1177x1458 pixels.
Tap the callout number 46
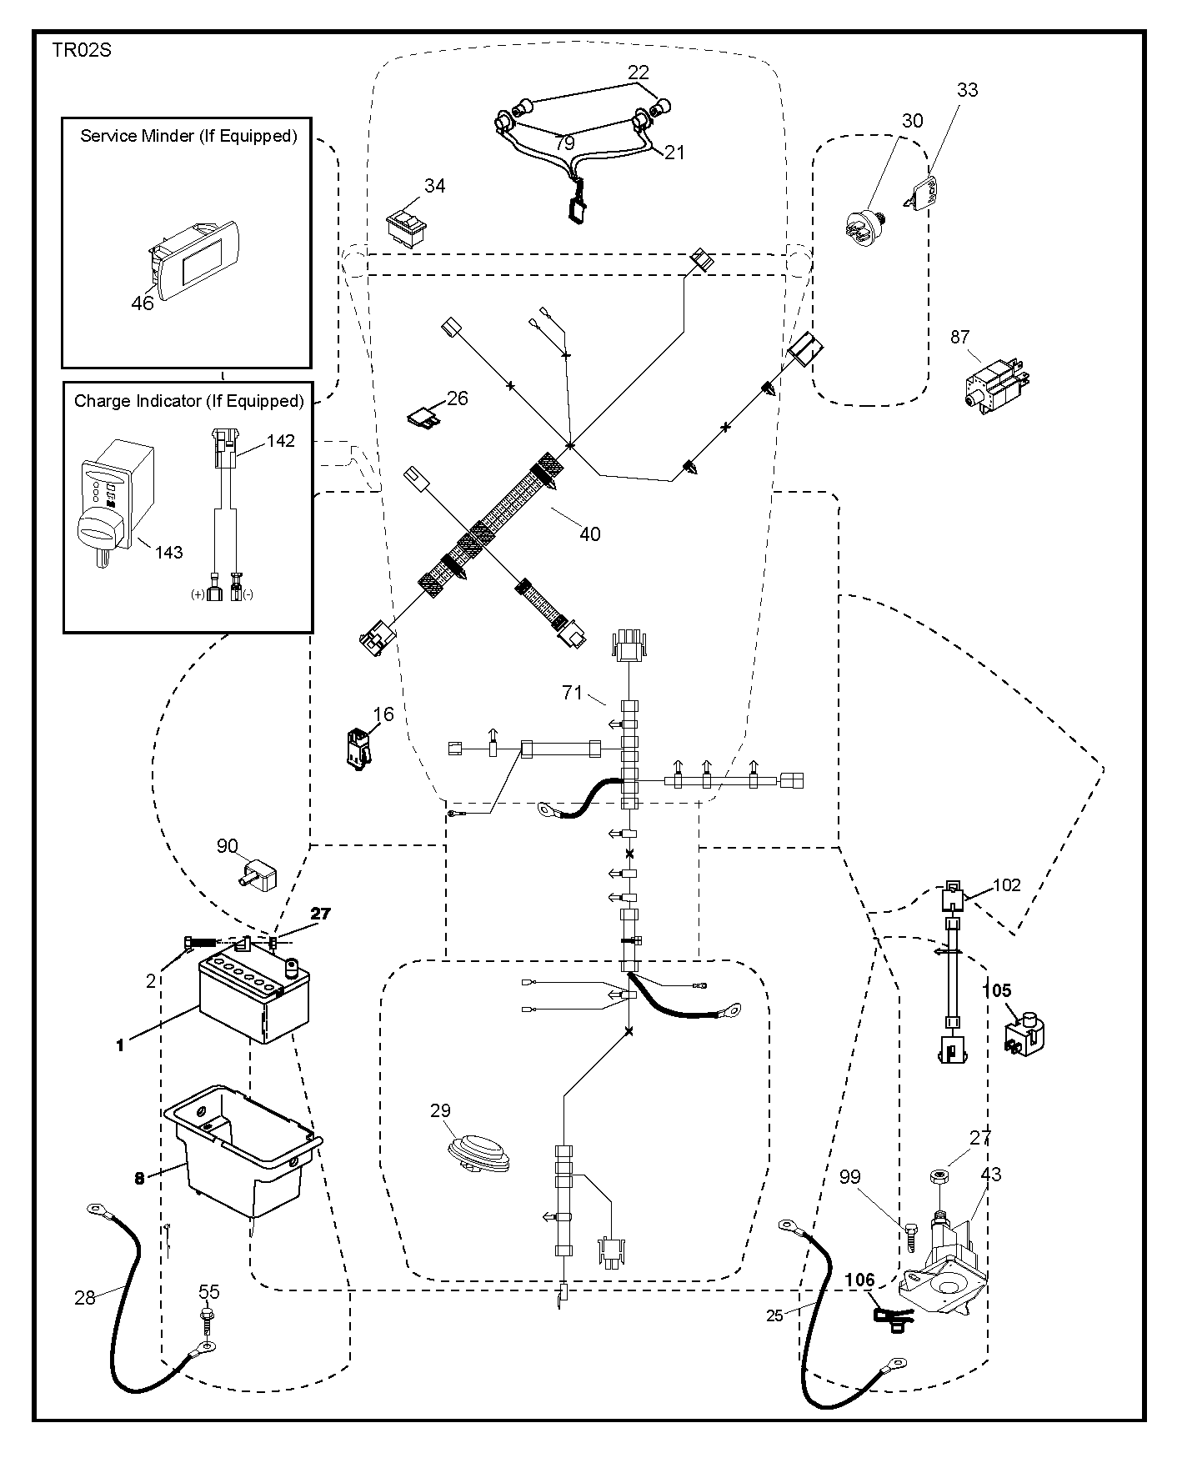point(143,303)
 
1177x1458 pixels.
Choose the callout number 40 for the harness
point(589,534)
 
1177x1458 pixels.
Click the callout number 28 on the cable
point(85,1298)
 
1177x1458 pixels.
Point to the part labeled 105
point(1025,1034)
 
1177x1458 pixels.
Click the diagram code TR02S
point(82,50)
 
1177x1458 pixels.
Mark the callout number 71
point(572,692)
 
